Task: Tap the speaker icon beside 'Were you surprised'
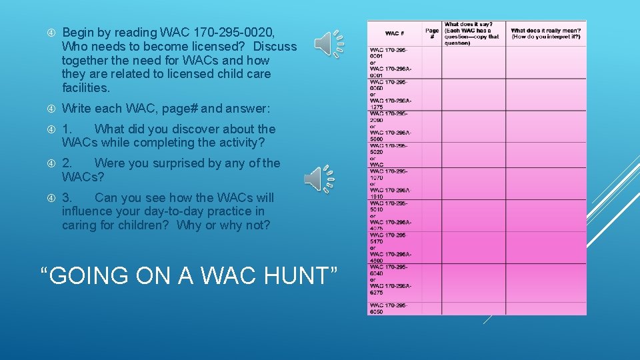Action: tap(318, 179)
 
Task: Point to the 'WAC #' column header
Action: tap(395, 33)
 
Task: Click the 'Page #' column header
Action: tap(432, 33)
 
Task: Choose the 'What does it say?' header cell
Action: tap(474, 33)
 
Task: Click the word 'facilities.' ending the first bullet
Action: tap(85, 88)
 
